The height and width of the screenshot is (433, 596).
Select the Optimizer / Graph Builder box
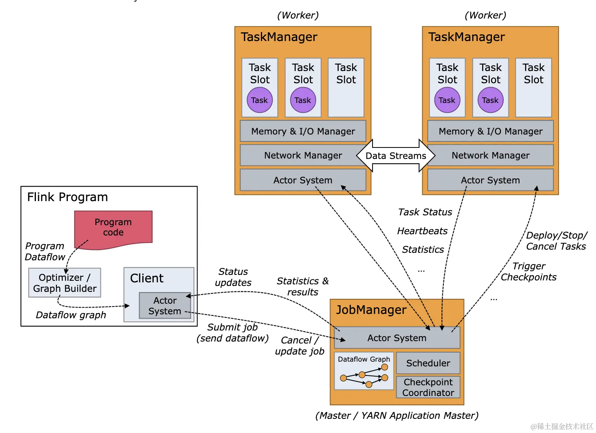[65, 283]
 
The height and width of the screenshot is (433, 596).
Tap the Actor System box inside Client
[165, 306]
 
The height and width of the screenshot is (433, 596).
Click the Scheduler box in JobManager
[428, 363]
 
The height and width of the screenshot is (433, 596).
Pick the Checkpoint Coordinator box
[428, 387]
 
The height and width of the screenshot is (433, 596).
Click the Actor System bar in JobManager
[397, 338]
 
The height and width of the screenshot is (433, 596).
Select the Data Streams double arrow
[396, 156]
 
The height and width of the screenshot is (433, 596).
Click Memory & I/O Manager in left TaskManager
[303, 131]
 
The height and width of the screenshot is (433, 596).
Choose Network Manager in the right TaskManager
[490, 155]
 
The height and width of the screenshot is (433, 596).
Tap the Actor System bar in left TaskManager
[303, 180]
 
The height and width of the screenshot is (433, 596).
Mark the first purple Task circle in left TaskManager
[259, 100]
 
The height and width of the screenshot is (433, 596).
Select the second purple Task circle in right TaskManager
[490, 100]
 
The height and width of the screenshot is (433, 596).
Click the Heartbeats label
[422, 231]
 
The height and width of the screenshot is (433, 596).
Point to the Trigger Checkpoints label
[529, 272]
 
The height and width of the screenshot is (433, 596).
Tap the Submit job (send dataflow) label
[233, 333]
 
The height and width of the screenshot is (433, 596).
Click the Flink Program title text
[67, 197]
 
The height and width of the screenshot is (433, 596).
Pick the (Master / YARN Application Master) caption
[397, 416]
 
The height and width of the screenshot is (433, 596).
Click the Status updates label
[233, 277]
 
